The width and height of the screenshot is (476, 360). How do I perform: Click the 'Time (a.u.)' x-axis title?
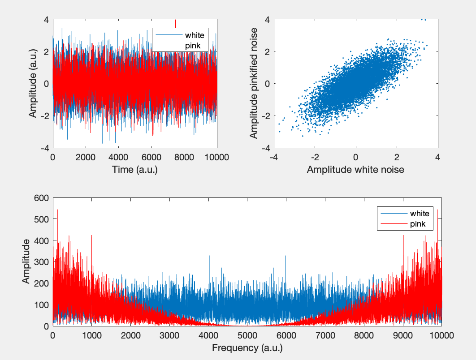[x=135, y=170]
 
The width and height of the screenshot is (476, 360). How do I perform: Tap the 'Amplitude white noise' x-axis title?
[x=355, y=170]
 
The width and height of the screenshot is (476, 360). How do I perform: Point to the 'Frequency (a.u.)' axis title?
[x=247, y=348]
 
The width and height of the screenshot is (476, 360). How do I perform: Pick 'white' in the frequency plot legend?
[x=420, y=213]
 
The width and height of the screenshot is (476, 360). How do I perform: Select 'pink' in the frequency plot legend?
[x=418, y=224]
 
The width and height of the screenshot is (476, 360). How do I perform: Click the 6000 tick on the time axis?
[x=151, y=157]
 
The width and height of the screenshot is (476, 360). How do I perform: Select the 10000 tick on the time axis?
[x=217, y=157]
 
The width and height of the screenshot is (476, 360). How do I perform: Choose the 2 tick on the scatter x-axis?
[x=397, y=157]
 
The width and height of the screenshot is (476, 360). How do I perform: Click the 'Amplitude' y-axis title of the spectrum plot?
[x=26, y=261]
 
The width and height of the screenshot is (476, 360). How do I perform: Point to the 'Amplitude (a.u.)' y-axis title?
[x=33, y=83]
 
